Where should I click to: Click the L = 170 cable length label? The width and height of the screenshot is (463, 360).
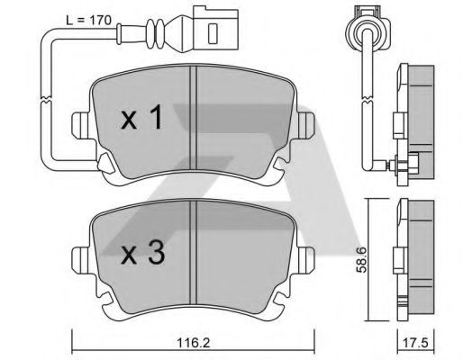point(88,20)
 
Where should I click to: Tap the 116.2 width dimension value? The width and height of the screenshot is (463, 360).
point(193,343)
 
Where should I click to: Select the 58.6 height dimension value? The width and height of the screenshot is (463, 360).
point(361,259)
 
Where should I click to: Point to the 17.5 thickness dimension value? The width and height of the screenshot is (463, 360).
point(416,343)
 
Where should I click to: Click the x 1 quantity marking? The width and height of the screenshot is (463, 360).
point(141,118)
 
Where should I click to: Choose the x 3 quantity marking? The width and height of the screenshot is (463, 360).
point(142,253)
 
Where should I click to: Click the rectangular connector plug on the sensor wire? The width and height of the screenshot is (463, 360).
point(215,29)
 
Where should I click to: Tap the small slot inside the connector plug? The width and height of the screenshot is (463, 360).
point(213,33)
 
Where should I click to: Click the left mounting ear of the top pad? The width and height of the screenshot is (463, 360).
point(80,125)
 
